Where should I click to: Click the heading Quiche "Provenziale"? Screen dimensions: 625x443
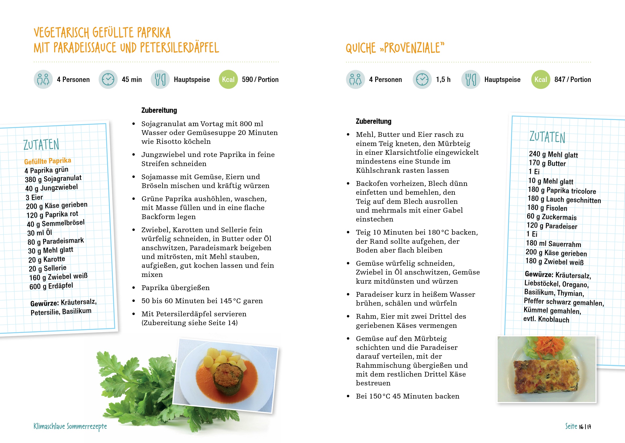coord(395,48)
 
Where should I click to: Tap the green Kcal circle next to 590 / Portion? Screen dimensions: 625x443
coord(228,79)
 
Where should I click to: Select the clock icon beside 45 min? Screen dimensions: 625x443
coord(108,79)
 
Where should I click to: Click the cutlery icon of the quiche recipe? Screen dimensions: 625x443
coord(471,79)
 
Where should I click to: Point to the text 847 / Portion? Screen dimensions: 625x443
coord(572,79)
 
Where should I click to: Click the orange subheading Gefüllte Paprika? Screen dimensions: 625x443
coord(48,161)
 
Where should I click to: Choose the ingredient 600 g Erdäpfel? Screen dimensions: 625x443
coord(51,286)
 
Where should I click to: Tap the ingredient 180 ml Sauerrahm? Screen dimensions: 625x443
coord(553,243)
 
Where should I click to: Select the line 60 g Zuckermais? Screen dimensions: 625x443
coord(552,217)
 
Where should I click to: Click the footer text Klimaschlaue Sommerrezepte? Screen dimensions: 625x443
coord(70,426)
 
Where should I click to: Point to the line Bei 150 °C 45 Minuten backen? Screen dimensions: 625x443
coord(407,396)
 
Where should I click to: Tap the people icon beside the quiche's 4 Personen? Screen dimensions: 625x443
coord(355,79)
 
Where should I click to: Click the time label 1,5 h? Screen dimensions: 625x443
coord(443,79)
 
